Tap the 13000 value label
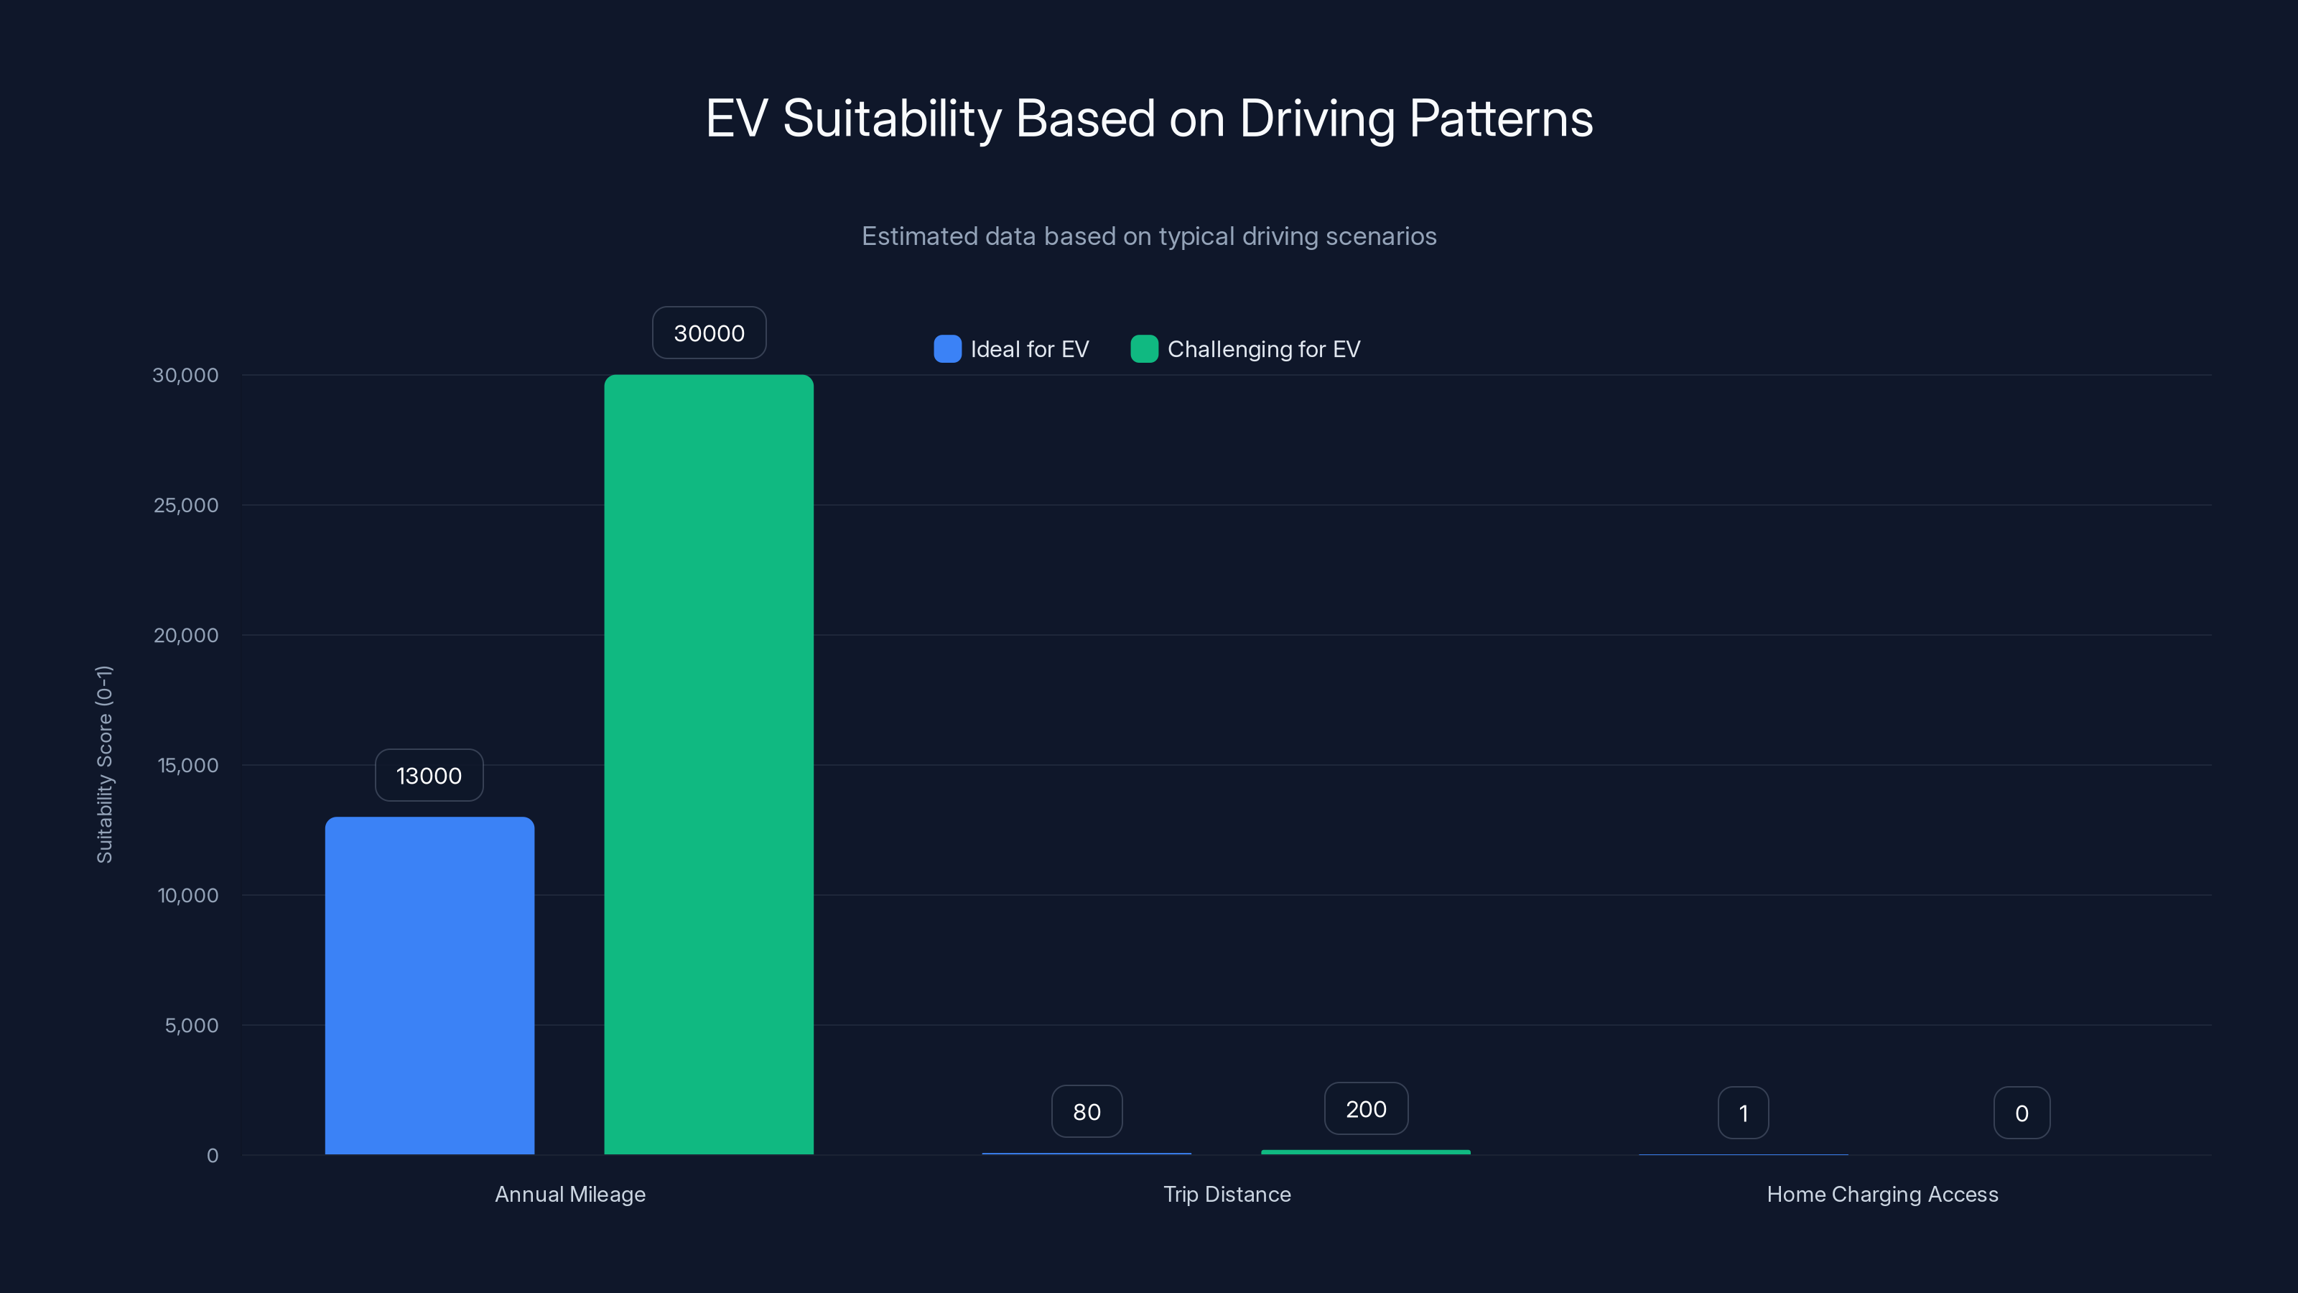(429, 776)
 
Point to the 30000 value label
(708, 333)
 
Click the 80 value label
(1087, 1112)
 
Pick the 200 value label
(1366, 1109)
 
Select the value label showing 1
(1743, 1113)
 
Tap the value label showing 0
(2022, 1113)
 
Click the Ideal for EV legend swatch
(947, 349)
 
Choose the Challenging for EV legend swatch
(1145, 349)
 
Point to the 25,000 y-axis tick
(185, 505)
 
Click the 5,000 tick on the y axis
(191, 1025)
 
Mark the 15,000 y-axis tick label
(187, 766)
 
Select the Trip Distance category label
(1227, 1194)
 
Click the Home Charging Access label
(1882, 1194)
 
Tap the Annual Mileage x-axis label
(570, 1194)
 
